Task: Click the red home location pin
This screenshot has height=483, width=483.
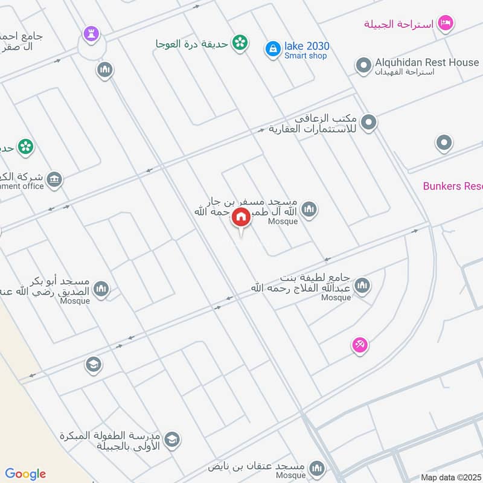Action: [x=241, y=217]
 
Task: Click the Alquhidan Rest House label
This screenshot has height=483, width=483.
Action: [x=427, y=62]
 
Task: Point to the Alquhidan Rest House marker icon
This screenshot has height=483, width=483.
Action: [x=363, y=65]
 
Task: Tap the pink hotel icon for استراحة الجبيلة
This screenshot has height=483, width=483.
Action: [x=446, y=24]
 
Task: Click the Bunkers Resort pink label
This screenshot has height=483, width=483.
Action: [x=453, y=186]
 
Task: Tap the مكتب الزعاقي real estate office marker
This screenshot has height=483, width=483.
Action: [x=369, y=123]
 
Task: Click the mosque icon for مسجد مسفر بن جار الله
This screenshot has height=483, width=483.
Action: [x=309, y=210]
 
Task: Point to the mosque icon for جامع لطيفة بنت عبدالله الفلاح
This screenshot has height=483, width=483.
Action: [x=362, y=286]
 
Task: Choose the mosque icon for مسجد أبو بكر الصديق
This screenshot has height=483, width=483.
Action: [x=101, y=289]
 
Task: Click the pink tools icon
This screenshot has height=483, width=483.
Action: [x=360, y=345]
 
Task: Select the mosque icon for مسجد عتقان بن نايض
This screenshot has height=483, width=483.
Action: [x=316, y=468]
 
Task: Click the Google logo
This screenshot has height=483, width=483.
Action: [x=25, y=474]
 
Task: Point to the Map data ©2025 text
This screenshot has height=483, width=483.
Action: [x=451, y=477]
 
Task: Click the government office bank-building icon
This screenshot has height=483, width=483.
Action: [x=54, y=179]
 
